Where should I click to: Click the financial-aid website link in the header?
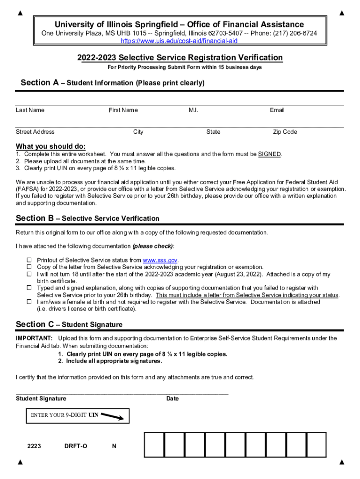(x=180, y=41)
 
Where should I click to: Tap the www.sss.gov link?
(x=160, y=260)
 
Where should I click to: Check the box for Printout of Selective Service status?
(x=29, y=260)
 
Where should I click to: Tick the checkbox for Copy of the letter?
(x=29, y=267)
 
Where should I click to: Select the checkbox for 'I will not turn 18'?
(x=29, y=274)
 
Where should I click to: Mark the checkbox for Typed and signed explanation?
(x=29, y=288)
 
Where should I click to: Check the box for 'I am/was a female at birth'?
(x=29, y=302)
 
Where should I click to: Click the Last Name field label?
(x=30, y=110)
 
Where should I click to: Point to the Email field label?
(x=277, y=110)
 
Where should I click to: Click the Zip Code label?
(x=285, y=132)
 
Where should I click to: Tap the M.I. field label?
(x=194, y=110)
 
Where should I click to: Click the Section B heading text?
(x=87, y=218)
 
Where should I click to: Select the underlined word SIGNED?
(x=269, y=154)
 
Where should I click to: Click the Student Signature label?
(x=41, y=399)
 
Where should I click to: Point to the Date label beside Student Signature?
(x=173, y=399)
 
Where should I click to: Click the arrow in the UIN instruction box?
(x=112, y=416)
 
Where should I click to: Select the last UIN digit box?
(x=316, y=444)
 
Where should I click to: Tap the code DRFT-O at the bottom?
(x=76, y=446)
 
